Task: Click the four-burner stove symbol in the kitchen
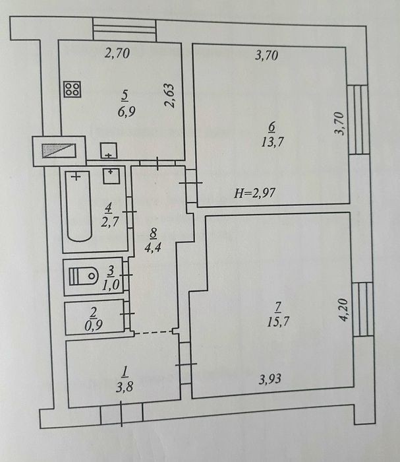point(72,89)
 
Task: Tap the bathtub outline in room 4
point(78,206)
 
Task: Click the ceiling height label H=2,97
point(255,193)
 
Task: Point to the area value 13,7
point(272,142)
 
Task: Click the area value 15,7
point(278,322)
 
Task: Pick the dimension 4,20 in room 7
point(343,310)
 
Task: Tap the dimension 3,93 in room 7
point(270,379)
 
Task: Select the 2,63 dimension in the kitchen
point(170,96)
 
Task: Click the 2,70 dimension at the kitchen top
point(117,53)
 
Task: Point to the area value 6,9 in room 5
point(127,112)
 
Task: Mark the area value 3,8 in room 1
point(125,387)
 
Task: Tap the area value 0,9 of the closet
point(94,325)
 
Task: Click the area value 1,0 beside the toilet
point(111,285)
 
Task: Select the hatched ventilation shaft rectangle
point(59,150)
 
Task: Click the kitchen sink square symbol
point(109,150)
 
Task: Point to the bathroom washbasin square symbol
point(111,176)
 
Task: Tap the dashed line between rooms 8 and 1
point(154,333)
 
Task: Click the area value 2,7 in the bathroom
point(110,222)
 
